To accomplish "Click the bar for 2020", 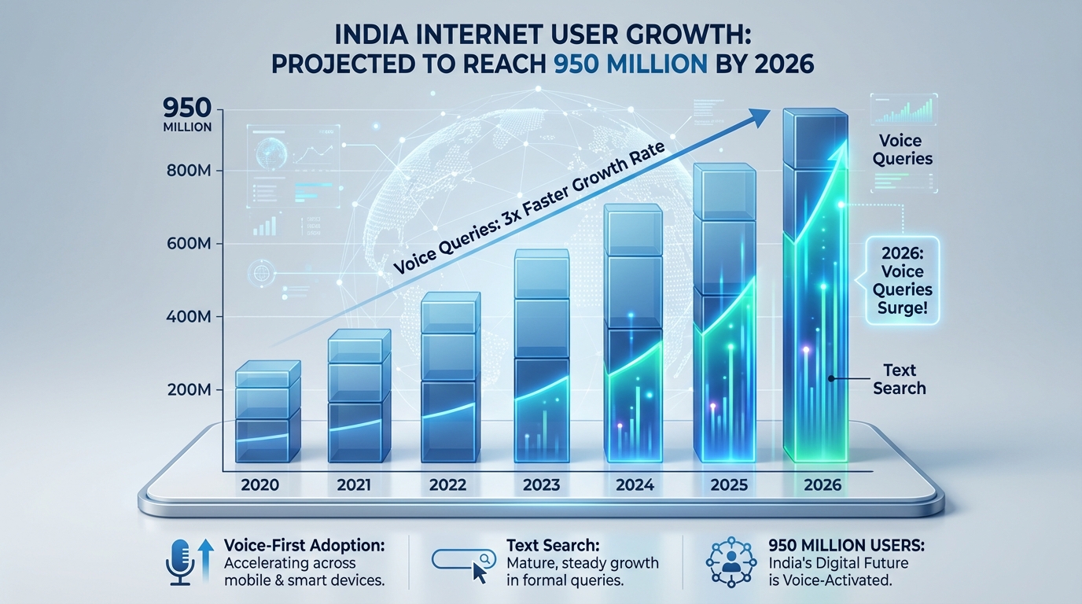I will tap(268, 413).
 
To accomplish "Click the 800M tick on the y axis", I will tap(190, 171).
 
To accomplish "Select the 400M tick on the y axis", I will tap(190, 317).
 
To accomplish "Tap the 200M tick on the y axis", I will tap(190, 389).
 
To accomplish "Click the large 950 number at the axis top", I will tap(187, 107).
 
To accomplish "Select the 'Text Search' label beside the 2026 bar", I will tap(900, 379).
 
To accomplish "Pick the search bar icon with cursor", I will tap(464, 562).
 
